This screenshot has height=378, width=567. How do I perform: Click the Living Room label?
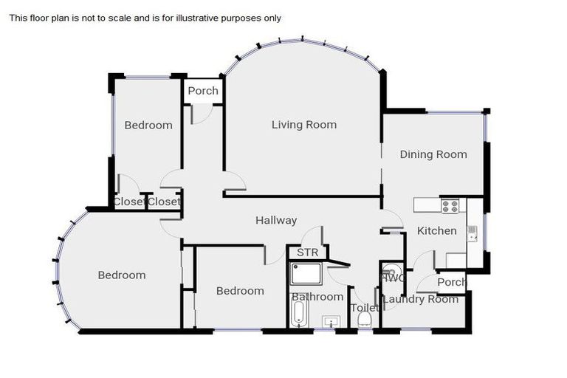click(303, 125)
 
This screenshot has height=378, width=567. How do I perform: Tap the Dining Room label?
click(433, 154)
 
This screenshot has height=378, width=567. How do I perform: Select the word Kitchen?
click(437, 231)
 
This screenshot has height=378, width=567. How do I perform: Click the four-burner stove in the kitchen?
click(450, 205)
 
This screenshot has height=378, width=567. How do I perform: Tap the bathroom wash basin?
click(332, 321)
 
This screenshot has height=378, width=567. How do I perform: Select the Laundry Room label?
click(421, 299)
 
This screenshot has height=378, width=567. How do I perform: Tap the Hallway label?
click(276, 220)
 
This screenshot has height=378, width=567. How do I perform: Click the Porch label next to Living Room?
click(203, 91)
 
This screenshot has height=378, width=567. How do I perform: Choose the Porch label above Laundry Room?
click(452, 282)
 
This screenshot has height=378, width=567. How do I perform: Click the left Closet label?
click(128, 202)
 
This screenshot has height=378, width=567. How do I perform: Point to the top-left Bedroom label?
click(148, 125)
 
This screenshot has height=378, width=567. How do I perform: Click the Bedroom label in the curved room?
click(122, 275)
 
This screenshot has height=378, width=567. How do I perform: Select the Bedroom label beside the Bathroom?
click(240, 291)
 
